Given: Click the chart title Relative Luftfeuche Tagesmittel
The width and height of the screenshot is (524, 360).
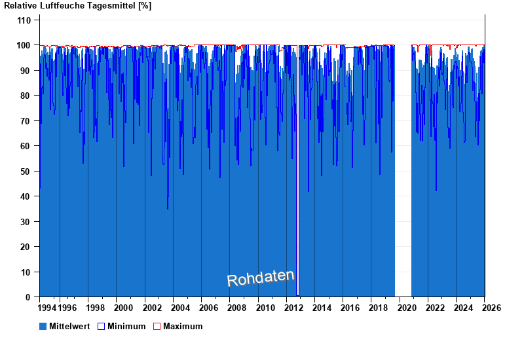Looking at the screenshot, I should click(x=77, y=6).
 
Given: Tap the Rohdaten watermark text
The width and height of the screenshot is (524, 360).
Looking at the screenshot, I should click(x=261, y=278).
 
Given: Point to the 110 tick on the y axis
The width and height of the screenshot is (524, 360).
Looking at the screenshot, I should click(x=24, y=20).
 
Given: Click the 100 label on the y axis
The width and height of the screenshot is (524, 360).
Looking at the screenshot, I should click(x=24, y=45).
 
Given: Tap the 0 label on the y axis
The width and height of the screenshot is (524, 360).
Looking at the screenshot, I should click(x=29, y=297).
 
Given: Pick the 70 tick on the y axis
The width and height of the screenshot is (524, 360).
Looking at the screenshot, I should click(x=26, y=121).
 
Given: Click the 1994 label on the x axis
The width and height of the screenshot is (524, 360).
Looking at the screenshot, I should click(x=47, y=308).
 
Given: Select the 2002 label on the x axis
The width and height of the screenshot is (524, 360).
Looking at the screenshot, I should click(x=152, y=308).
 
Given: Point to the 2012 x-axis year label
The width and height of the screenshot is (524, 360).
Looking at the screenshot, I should click(x=294, y=308).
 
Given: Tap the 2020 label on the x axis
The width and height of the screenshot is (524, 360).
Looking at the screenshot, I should click(x=407, y=308).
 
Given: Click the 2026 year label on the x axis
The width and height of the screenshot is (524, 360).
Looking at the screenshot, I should click(x=492, y=308).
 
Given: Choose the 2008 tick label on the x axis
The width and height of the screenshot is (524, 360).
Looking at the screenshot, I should click(x=237, y=308).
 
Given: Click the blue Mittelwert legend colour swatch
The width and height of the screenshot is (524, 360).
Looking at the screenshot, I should click(x=43, y=326).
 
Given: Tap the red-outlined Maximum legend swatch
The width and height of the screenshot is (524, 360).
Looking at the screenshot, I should click(x=157, y=326).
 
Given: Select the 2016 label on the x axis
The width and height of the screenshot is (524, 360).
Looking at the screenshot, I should click(x=350, y=308).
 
